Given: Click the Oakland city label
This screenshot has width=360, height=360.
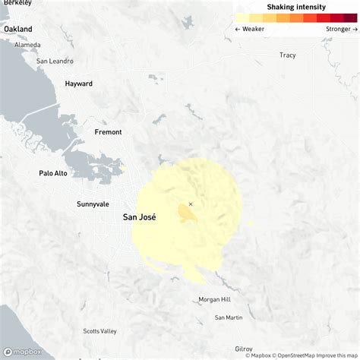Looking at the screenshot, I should coord(18,29).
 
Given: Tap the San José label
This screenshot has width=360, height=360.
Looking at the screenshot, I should coord(139,217).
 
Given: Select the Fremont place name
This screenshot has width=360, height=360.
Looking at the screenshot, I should coord(108,132).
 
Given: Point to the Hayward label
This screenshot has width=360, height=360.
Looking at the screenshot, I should coord(78,84).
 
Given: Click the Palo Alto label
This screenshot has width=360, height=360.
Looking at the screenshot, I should coord(53,173).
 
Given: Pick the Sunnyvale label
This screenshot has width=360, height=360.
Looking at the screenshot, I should coord(93,204).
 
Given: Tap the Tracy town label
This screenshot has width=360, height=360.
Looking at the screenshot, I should coord(287,55).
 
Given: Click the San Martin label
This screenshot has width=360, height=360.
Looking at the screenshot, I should coord(229,317).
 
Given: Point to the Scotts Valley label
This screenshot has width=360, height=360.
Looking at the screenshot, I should coord(100,331).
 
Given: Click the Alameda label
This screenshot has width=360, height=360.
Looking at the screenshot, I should coord(27,45).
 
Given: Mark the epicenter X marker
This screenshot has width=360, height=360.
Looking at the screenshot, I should coord(191,204).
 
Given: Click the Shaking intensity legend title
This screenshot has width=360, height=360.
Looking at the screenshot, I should coord(296,6).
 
